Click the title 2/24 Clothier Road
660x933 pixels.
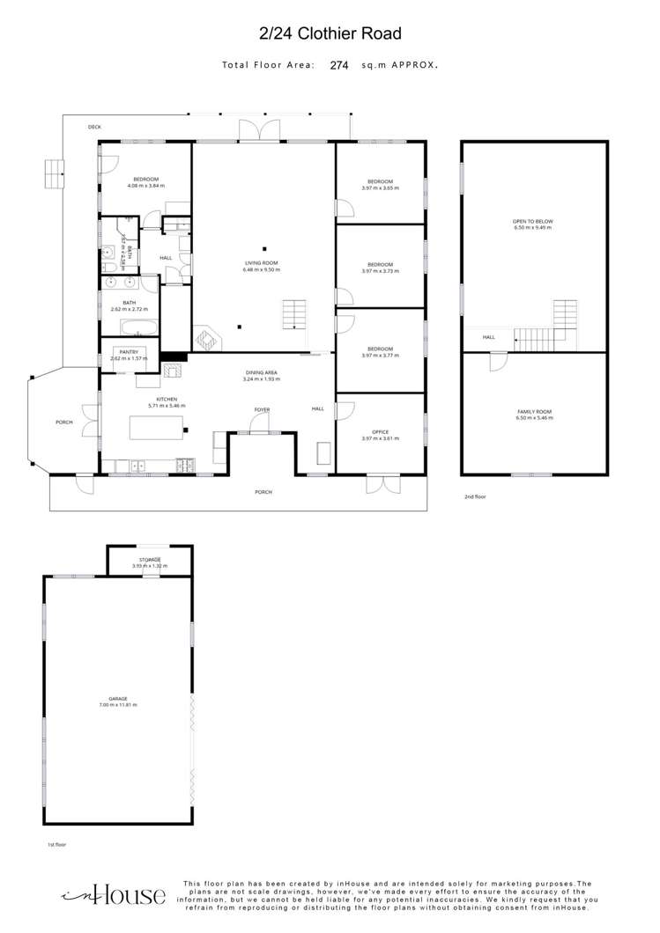point(330,34)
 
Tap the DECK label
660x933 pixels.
point(94,128)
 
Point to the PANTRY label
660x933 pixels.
point(130,352)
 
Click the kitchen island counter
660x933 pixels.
point(158,428)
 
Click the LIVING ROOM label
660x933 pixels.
point(262,263)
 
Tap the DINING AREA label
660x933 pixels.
point(262,373)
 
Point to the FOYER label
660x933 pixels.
point(262,410)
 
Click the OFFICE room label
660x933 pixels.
point(380,432)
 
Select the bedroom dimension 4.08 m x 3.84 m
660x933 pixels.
point(145,187)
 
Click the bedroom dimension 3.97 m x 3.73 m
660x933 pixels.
point(380,271)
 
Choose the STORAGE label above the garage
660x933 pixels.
point(149,560)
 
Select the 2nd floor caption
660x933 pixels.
point(475,497)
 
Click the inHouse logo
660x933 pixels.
point(114,895)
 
